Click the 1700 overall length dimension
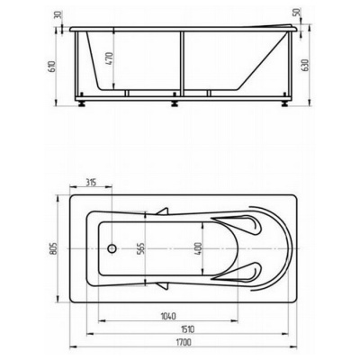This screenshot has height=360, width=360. [184, 342]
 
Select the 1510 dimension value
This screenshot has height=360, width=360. [188, 329]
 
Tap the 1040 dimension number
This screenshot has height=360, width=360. [168, 316]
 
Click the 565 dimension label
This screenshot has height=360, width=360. [141, 248]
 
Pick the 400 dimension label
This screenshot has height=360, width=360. [198, 248]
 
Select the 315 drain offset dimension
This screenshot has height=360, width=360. [91, 182]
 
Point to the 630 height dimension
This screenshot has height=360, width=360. [305, 65]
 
